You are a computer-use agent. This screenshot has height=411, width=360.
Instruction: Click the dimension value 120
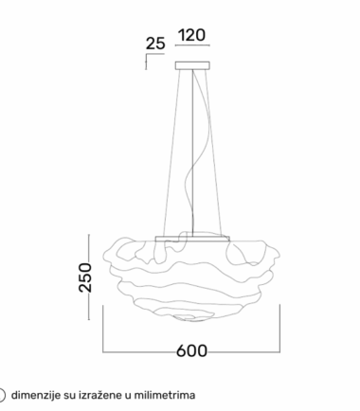pyautogui.click(x=192, y=35)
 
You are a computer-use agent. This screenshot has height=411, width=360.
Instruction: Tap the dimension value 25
pyautogui.click(x=155, y=44)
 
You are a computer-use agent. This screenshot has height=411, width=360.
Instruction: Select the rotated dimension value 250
pyautogui.click(x=85, y=277)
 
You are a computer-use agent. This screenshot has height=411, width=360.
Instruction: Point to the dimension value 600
pyautogui.click(x=191, y=350)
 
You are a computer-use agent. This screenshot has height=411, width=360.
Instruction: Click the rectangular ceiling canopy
pyautogui.click(x=192, y=65)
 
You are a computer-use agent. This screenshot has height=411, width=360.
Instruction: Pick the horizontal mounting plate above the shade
pyautogui.click(x=192, y=239)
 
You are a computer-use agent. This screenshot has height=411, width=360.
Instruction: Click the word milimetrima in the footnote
pyautogui.click(x=165, y=395)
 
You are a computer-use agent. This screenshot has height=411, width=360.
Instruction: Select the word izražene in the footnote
pyautogui.click(x=98, y=395)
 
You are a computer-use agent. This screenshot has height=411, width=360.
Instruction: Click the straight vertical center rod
pyautogui.click(x=192, y=152)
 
